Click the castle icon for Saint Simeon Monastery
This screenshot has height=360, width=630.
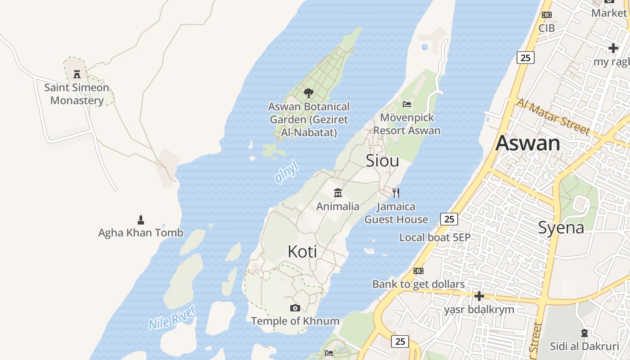77,74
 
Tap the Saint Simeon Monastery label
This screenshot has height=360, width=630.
77,94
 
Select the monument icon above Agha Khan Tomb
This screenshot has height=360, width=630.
141,220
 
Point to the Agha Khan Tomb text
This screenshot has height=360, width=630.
141,233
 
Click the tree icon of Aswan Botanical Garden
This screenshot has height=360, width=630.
308,93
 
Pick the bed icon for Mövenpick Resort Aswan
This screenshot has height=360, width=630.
407,104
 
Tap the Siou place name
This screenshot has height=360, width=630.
382,161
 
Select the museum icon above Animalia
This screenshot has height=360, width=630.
337,193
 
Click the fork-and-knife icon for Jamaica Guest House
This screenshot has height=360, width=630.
396,193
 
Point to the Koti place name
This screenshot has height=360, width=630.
302,252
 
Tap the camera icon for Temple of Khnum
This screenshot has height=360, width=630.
295,308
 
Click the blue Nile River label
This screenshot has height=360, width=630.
172,318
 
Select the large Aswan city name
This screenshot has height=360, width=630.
528,144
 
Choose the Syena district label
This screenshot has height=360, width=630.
561,228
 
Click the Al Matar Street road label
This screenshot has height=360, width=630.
553,117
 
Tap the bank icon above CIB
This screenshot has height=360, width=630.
547,15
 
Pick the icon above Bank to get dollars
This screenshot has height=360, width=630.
418,271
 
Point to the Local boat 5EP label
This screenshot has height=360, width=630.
435,237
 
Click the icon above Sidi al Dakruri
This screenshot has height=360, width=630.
585,333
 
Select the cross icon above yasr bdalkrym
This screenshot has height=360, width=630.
479,296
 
